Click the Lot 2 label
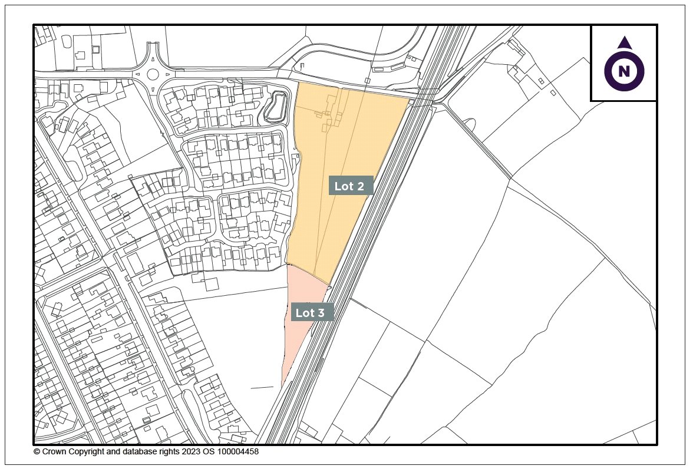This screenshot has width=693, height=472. (351, 186)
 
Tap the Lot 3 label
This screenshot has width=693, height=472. (312, 312)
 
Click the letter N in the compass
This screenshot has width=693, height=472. (624, 71)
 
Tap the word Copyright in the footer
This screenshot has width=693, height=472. (87, 452)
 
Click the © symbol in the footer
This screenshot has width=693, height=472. (37, 452)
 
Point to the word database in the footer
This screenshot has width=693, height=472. (136, 452)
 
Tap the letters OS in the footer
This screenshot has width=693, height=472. (207, 452)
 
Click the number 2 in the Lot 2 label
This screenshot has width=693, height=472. (361, 186)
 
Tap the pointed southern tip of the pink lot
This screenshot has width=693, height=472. (282, 386)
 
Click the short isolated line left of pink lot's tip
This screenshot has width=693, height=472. (262, 388)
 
